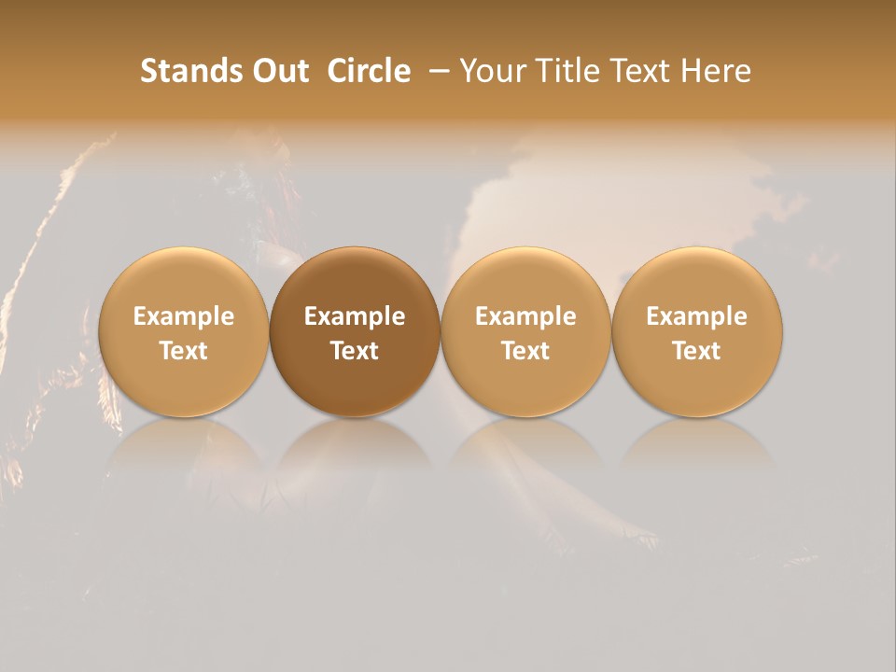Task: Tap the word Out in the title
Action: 279,71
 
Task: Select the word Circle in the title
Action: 369,71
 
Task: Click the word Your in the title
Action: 491,71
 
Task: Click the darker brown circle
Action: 355,331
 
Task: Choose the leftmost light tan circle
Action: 183,331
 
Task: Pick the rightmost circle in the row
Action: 697,331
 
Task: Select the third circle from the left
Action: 525,331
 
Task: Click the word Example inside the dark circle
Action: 355,316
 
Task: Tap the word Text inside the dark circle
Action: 355,351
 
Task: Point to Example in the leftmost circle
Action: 183,316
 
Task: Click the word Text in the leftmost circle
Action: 183,351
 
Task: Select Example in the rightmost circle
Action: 697,316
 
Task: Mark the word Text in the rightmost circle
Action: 697,351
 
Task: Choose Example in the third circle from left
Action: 525,316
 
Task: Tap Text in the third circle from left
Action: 525,351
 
